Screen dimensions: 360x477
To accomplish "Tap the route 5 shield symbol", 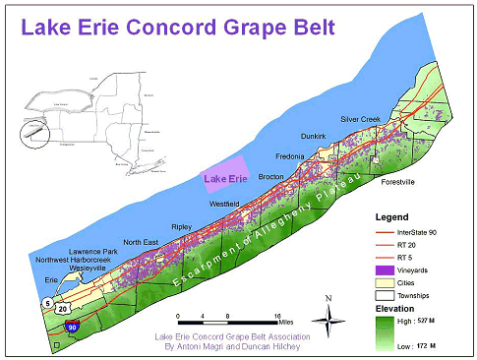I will [x=46, y=305].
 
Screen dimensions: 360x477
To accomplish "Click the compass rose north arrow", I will [x=329, y=314].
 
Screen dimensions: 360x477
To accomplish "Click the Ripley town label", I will [x=182, y=225].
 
